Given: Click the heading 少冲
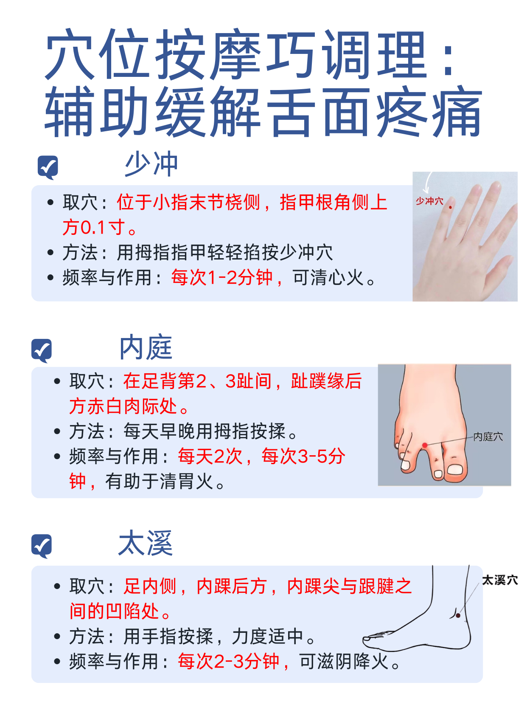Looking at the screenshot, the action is pyautogui.click(x=151, y=164).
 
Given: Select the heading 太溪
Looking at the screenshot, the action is pyautogui.click(x=145, y=542).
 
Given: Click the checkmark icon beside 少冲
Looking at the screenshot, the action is pyautogui.click(x=48, y=167).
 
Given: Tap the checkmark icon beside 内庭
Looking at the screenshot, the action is pyautogui.click(x=42, y=350).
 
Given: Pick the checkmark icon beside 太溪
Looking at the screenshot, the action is pyautogui.click(x=42, y=546).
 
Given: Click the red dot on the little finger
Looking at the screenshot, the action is pyautogui.click(x=450, y=207).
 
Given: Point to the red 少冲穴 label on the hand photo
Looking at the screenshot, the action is pyautogui.click(x=429, y=201).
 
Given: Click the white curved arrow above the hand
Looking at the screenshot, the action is pyautogui.click(x=428, y=183).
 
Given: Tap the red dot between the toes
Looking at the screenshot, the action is pyautogui.click(x=424, y=445).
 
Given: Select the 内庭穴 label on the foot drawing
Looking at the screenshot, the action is pyautogui.click(x=488, y=437).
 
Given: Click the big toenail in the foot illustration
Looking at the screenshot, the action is pyautogui.click(x=455, y=470).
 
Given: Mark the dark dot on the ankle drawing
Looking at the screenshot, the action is pyautogui.click(x=458, y=615).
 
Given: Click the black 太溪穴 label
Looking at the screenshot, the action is pyautogui.click(x=500, y=580).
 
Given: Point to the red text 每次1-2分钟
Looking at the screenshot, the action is pyautogui.click(x=221, y=277).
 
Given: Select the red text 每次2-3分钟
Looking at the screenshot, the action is pyautogui.click(x=228, y=661).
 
